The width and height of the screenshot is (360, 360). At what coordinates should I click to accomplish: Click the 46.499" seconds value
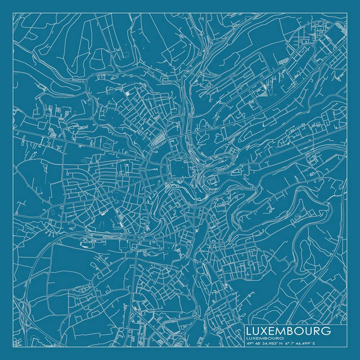click(x=304, y=343)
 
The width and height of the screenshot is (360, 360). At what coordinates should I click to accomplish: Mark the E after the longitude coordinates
click(x=314, y=343)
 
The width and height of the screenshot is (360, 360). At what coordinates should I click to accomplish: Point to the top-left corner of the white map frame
click(x=13, y=13)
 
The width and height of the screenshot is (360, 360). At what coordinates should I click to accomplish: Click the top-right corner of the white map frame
click(x=347, y=13)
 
